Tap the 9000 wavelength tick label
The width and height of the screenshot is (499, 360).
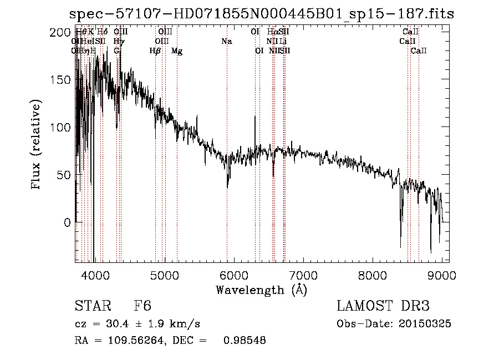pyautogui.click(x=442, y=275)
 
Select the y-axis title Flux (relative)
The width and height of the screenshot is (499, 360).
pyautogui.click(x=37, y=145)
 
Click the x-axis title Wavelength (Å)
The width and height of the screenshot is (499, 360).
pyautogui.click(x=261, y=290)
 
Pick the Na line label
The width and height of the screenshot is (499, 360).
pyautogui.click(x=226, y=41)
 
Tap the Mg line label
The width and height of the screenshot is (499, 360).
pyautogui.click(x=177, y=51)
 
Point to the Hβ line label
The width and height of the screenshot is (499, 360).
pyautogui.click(x=155, y=51)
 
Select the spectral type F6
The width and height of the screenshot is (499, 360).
pyautogui.click(x=142, y=306)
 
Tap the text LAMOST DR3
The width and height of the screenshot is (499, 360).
pyautogui.click(x=383, y=306)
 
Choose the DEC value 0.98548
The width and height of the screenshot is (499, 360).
pyautogui.click(x=245, y=341)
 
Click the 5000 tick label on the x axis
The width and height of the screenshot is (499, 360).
pyautogui.click(x=164, y=275)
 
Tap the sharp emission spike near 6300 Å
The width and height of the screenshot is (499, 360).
pyautogui.click(x=254, y=118)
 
